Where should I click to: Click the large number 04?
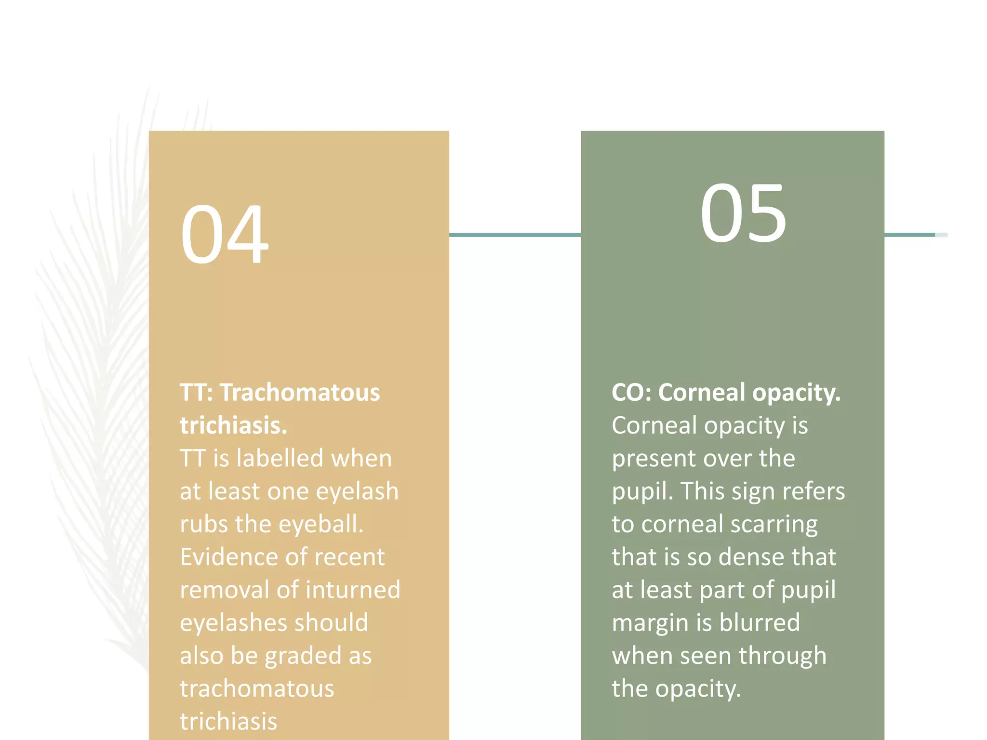click(224, 235)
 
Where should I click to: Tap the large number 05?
click(743, 213)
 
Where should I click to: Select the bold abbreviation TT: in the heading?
click(196, 393)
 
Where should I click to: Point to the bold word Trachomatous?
click(300, 393)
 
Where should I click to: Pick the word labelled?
click(279, 458)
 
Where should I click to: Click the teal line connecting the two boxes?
click(515, 235)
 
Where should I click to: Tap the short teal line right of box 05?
click(910, 235)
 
